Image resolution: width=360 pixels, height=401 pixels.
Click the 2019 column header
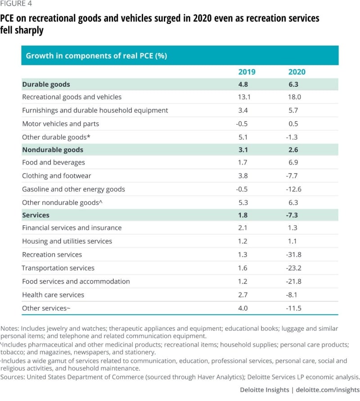pyautogui.click(x=247, y=72)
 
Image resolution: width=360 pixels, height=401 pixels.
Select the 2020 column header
pyautogui.click(x=297, y=72)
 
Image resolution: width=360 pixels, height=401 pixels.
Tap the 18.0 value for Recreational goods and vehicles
pyautogui.click(x=294, y=97)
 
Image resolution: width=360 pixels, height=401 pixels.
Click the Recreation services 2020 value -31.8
pyautogui.click(x=294, y=254)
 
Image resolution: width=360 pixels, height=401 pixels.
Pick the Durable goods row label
pyautogui.click(x=46, y=85)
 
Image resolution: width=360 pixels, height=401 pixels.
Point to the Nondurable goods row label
pyautogui.click(x=53, y=150)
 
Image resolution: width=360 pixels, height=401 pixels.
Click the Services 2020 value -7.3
pyautogui.click(x=292, y=215)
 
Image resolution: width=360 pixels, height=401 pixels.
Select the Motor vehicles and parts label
pyautogui.click(x=61, y=124)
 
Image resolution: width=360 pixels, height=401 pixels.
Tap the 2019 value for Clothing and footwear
pyautogui.click(x=243, y=176)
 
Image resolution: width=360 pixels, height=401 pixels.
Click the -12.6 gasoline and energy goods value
pyautogui.click(x=294, y=189)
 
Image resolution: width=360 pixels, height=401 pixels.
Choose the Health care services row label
pyautogui.click(x=53, y=295)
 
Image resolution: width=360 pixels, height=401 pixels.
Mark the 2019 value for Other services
pyautogui.click(x=243, y=308)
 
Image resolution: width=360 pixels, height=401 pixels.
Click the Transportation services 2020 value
pyautogui.click(x=294, y=268)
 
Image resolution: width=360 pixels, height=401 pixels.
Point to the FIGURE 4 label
pyautogui.click(x=16, y=4)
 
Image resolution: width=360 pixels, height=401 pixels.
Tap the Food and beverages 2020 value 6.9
pyautogui.click(x=293, y=162)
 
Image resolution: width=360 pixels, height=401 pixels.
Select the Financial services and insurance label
pyautogui.click(x=72, y=228)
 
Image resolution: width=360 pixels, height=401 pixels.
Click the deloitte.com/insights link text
pyautogui.click(x=328, y=390)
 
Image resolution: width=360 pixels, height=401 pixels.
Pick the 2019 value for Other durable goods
pyautogui.click(x=243, y=137)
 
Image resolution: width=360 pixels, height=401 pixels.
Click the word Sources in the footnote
pyautogui.click(x=13, y=377)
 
